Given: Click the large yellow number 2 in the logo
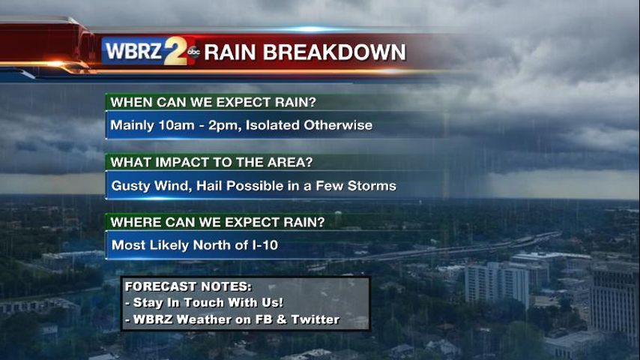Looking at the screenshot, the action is point(176,51).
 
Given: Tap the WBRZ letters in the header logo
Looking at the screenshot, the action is point(133,52).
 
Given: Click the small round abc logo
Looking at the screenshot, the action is point(193,52).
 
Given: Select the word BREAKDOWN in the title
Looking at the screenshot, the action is point(334,52).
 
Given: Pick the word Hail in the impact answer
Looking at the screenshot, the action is point(209,185).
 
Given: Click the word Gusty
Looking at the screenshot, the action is point(130,186).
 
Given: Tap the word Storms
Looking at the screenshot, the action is point(372,186).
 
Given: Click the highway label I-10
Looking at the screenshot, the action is point(265,245).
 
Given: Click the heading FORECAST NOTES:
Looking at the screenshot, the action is point(188,286).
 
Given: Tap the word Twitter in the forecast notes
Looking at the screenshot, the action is point(315,319).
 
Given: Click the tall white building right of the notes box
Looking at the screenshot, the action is point(496,284).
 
